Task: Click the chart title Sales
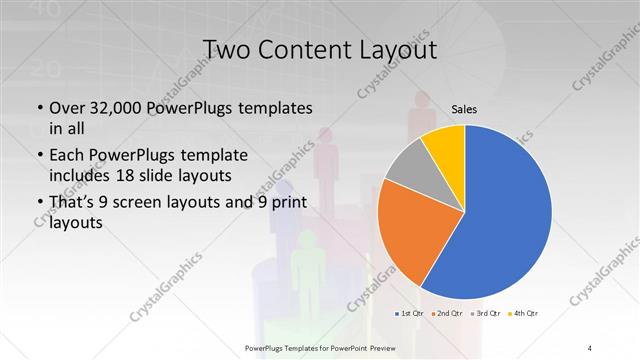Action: tap(464, 109)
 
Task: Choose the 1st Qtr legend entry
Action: tap(410, 314)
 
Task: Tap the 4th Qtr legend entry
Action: tap(527, 314)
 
